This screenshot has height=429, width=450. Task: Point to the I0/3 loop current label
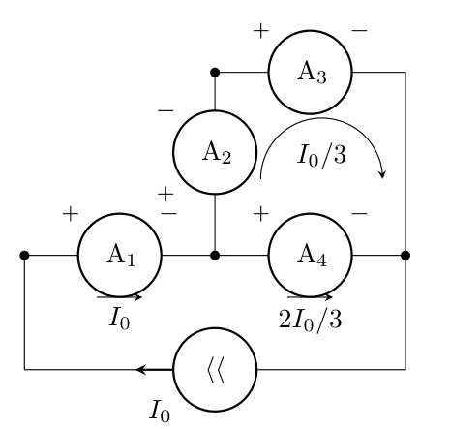point(321,155)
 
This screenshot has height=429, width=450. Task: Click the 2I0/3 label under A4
point(310,320)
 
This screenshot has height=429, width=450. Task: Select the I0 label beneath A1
point(120,319)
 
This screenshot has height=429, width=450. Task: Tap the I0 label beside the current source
point(160,411)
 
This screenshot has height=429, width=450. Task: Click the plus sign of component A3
point(261,31)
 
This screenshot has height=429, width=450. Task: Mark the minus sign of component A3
point(359,31)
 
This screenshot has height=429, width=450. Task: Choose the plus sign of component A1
point(71,214)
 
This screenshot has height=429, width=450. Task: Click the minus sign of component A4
point(359,214)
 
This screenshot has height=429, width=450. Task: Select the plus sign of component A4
point(261,214)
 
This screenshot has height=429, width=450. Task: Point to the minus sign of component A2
point(165,111)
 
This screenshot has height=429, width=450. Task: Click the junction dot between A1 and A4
point(215,256)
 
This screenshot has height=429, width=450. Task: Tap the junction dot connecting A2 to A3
point(215,73)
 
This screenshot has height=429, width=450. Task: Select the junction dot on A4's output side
point(405,256)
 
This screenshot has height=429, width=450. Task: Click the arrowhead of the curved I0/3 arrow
point(382,174)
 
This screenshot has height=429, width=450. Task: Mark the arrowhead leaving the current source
point(142,370)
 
